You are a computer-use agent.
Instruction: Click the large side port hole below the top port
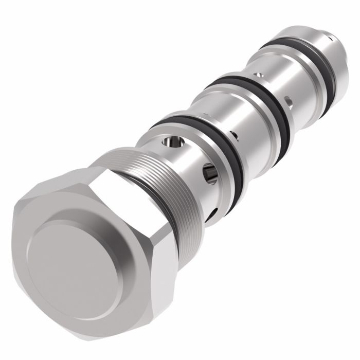[210, 174]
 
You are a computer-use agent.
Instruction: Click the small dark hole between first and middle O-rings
[234, 136]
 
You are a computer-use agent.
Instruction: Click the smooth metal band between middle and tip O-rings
[273, 77]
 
